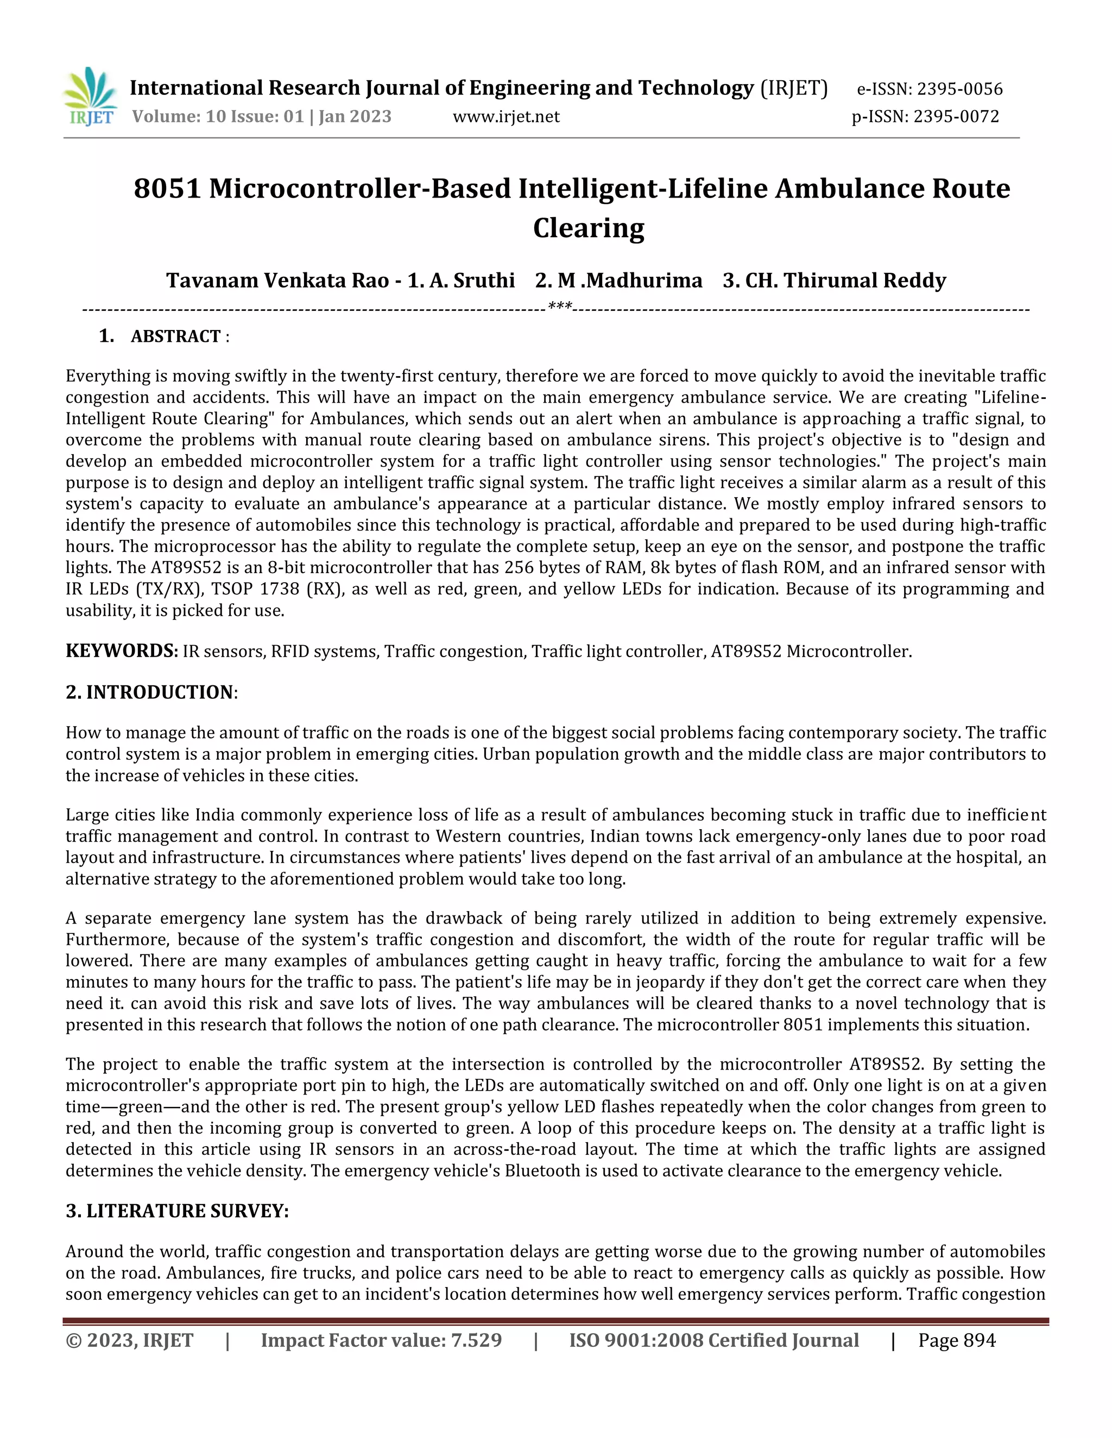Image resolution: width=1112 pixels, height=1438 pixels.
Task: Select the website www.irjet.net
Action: (x=506, y=117)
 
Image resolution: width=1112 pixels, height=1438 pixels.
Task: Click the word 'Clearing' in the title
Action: (x=588, y=228)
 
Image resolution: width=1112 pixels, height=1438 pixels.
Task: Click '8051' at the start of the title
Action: (x=166, y=189)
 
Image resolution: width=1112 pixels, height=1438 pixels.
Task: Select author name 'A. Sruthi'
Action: (x=472, y=281)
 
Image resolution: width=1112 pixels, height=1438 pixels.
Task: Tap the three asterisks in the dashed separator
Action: (x=559, y=307)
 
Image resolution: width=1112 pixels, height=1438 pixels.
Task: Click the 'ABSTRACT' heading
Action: (x=175, y=336)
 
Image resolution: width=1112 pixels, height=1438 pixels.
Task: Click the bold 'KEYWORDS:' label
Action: (x=122, y=651)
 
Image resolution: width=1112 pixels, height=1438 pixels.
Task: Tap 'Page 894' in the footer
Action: (x=957, y=1340)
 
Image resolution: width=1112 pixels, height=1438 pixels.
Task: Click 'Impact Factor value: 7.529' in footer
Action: (x=381, y=1340)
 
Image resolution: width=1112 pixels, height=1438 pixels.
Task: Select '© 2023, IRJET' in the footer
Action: (x=129, y=1340)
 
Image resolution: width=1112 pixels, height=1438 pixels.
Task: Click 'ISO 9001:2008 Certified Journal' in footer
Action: (x=713, y=1340)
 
